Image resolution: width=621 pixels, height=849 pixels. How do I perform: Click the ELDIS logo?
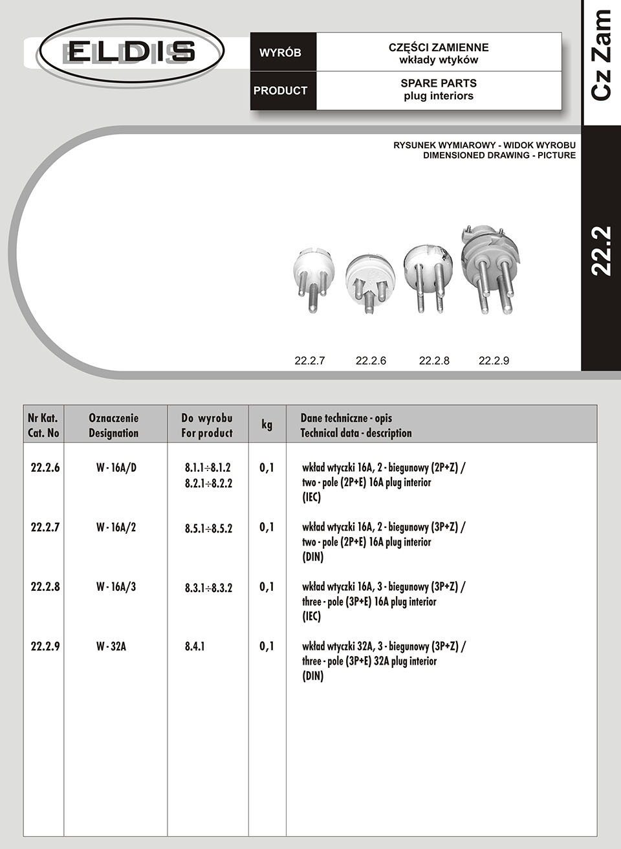(130, 51)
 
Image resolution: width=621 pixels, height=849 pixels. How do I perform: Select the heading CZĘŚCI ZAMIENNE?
(438, 47)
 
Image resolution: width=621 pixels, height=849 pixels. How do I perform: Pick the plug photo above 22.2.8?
(428, 276)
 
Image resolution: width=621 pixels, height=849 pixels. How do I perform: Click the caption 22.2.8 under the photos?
(434, 360)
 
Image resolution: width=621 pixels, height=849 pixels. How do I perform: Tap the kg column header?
(267, 424)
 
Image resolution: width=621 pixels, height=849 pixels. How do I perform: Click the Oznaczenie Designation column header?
(114, 425)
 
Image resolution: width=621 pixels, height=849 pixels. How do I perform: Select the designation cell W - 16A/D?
(116, 467)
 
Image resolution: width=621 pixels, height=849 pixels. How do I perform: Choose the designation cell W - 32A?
(111, 646)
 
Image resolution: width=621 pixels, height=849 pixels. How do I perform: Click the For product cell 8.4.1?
(195, 646)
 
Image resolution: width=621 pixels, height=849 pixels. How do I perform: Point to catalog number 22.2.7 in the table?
(45, 527)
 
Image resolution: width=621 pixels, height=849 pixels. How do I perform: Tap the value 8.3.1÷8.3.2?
(208, 588)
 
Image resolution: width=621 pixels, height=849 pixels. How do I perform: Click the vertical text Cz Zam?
(602, 55)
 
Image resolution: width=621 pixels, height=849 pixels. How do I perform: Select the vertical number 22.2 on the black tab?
(602, 251)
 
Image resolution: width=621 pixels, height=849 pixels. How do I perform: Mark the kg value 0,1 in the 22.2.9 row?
(267, 646)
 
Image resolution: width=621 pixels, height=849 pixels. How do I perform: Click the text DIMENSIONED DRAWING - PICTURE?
(499, 155)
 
